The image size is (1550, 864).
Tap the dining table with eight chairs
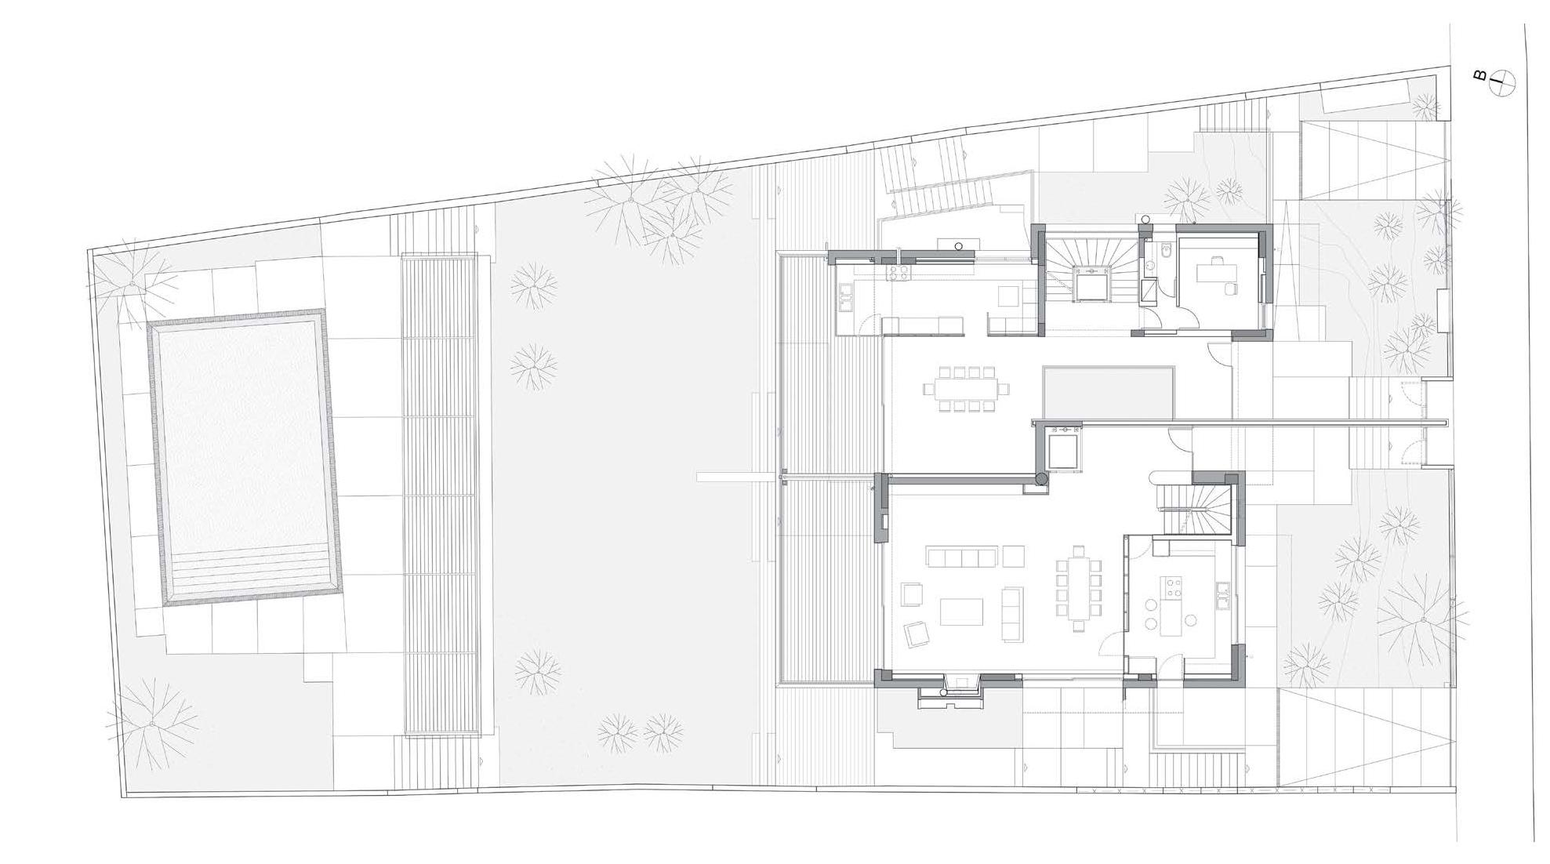(x=966, y=388)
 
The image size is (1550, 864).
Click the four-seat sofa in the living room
(x=962, y=557)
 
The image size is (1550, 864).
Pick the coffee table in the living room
(x=961, y=612)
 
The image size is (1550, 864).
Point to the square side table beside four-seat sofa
(x=1013, y=556)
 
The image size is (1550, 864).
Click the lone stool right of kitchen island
(x=1190, y=620)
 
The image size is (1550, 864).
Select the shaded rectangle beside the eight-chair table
(x=1109, y=393)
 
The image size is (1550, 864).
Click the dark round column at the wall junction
(x=1040, y=477)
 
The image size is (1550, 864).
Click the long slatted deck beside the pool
(x=441, y=494)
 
